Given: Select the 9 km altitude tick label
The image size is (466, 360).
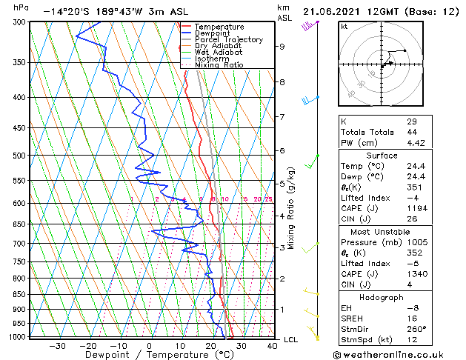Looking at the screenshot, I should click(x=282, y=47).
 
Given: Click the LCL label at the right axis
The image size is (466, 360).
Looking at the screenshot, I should click(x=292, y=339).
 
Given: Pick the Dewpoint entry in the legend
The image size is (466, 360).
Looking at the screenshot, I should click(x=210, y=33).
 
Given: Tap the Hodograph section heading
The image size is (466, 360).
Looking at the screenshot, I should click(x=382, y=297).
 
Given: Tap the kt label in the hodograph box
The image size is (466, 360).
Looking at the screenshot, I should click(x=344, y=26).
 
